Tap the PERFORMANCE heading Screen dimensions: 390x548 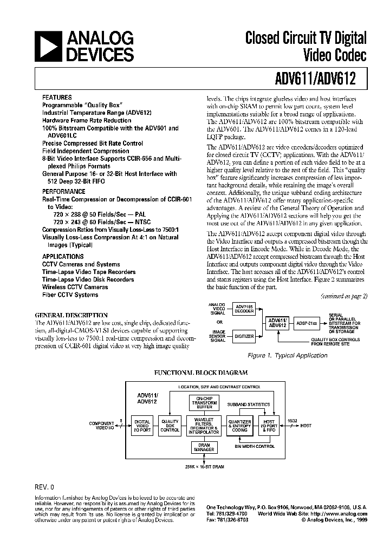click(64, 192)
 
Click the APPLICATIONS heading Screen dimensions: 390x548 click(63, 257)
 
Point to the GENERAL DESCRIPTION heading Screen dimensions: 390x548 click(71, 315)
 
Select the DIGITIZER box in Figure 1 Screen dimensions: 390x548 click(243, 336)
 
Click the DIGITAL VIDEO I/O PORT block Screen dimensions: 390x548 click(142, 426)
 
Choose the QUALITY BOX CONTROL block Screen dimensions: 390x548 click(170, 426)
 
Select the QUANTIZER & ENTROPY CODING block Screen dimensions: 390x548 click(239, 426)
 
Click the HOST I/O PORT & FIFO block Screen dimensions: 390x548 click(269, 426)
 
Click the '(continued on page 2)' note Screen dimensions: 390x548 click(343, 296)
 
